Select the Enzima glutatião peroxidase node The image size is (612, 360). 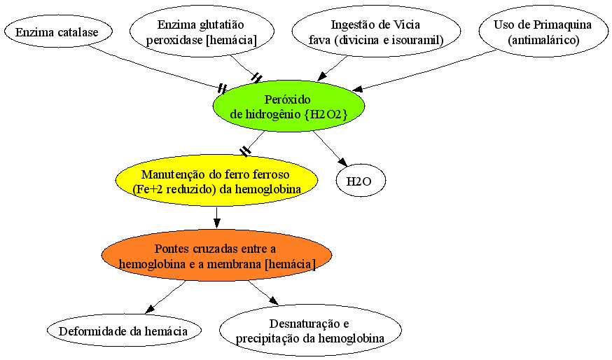202,32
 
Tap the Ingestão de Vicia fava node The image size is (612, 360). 376,32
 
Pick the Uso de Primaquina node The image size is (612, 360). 543,32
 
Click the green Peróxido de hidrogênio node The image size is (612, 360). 288,106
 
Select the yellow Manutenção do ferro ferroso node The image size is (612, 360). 216,181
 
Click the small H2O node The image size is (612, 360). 361,181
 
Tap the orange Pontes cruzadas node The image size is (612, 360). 216,256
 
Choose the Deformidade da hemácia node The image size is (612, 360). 124,331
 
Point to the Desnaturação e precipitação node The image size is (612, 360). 310,331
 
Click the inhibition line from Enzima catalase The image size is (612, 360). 156,69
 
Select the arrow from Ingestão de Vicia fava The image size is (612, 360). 332,69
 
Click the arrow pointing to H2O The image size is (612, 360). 330,148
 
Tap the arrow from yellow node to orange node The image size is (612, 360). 216,217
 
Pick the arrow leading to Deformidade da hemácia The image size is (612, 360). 165,297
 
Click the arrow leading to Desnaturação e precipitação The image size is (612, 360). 263,293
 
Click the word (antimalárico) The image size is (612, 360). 543,40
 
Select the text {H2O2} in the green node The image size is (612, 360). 325,114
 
